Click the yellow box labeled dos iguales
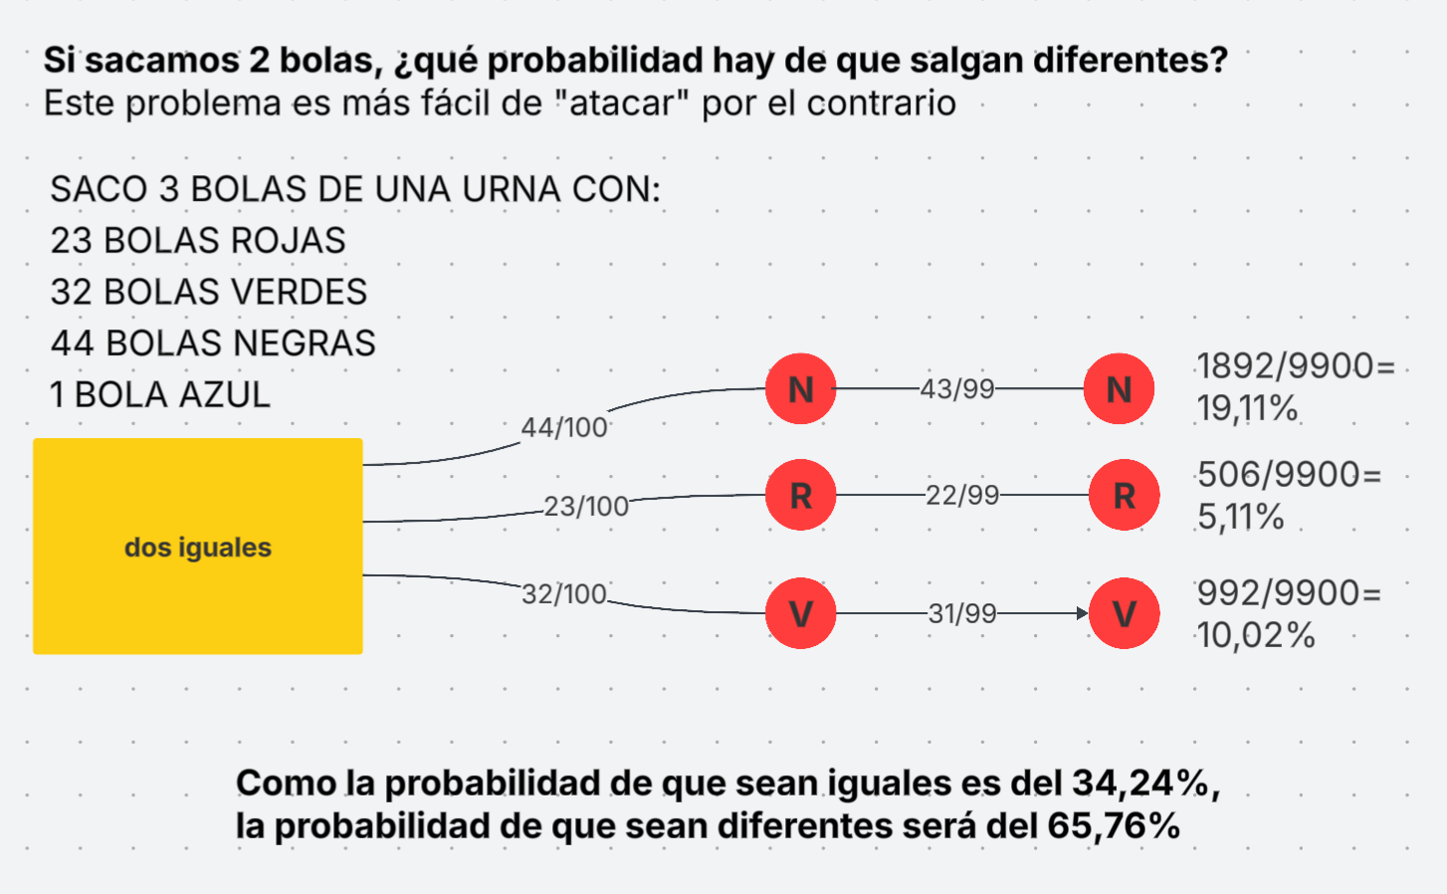point(197,546)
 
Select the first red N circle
point(800,389)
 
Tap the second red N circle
point(1119,389)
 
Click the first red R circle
point(800,495)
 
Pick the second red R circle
point(1124,495)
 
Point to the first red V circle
point(800,613)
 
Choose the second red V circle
point(1124,613)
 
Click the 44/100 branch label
point(564,427)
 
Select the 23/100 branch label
point(586,506)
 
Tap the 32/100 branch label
point(564,593)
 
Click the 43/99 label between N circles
point(957,388)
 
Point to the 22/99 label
point(962,495)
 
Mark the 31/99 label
point(962,613)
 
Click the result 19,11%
point(1247,408)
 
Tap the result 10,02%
point(1256,635)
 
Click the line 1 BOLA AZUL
point(160,394)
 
